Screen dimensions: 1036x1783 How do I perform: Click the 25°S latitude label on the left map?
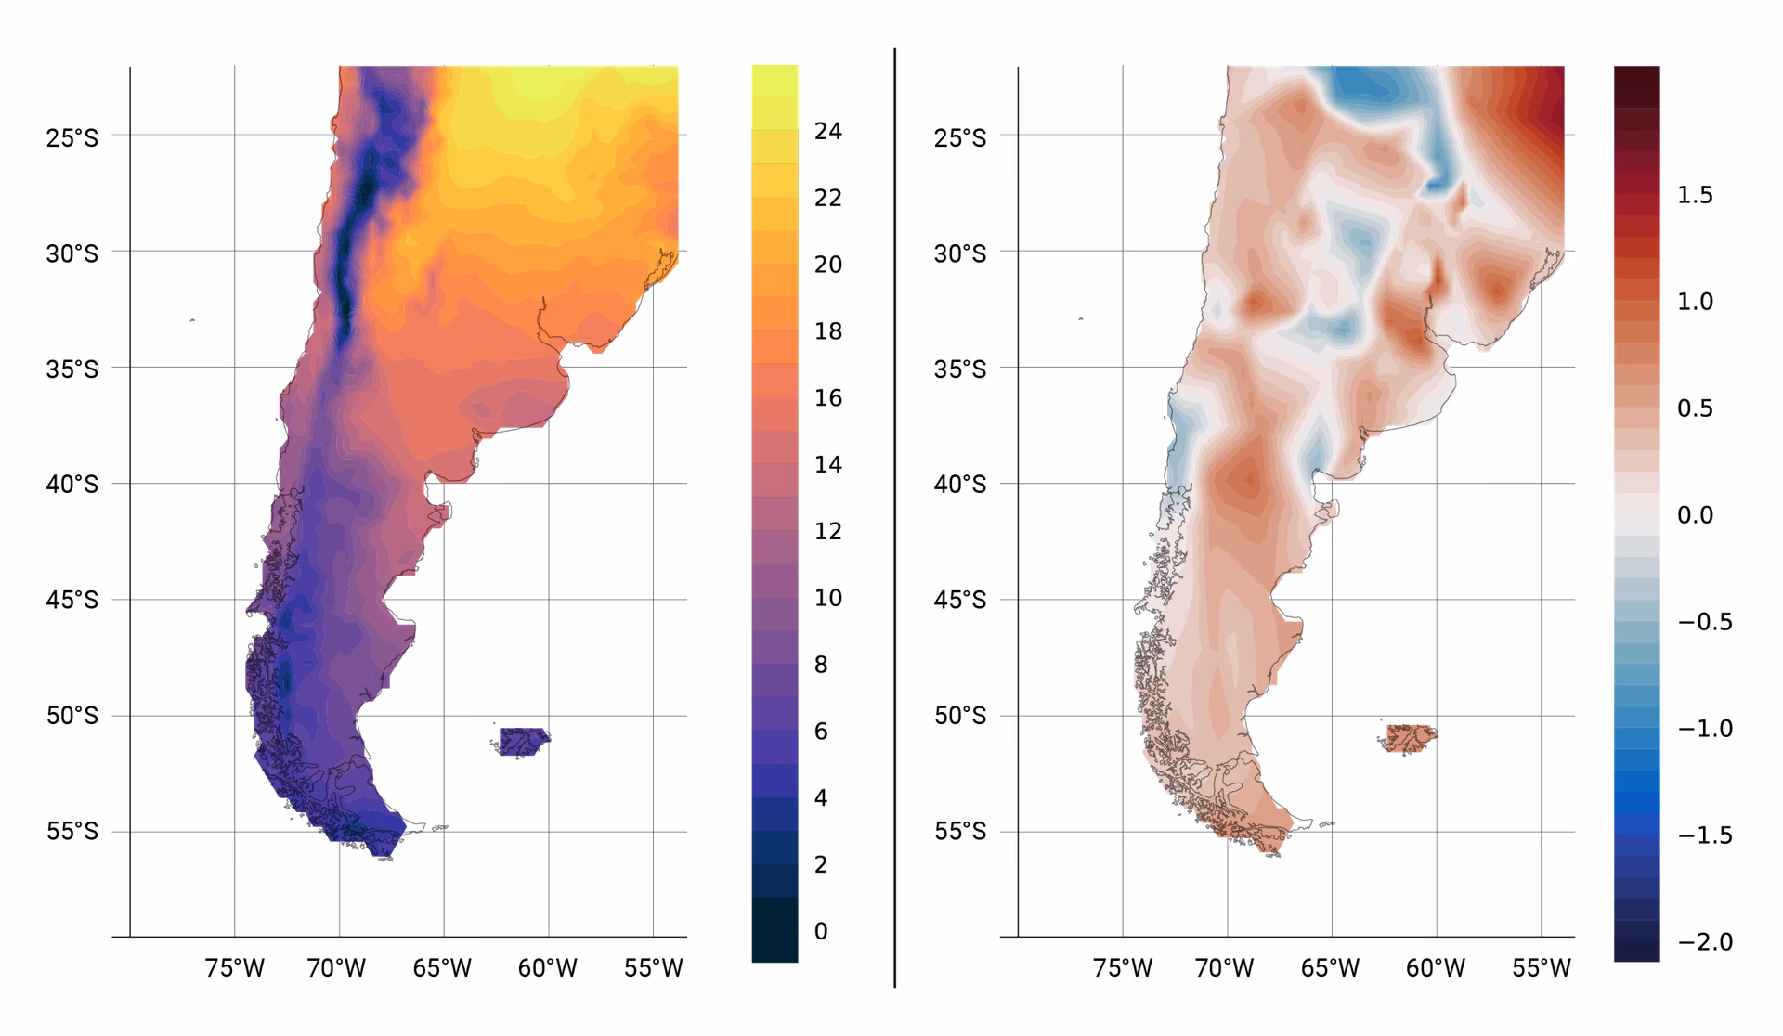click(72, 137)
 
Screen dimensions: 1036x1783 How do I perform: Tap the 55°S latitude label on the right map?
click(960, 832)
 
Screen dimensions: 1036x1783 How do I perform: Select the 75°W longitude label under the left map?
click(234, 968)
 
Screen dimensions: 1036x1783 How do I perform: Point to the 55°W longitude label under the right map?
click(1542, 968)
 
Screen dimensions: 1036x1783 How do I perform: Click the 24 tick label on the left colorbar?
click(827, 131)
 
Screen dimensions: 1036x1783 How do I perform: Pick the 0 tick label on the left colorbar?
click(820, 931)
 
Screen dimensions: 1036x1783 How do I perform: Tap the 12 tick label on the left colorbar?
click(827, 531)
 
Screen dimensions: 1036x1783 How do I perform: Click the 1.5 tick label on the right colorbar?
click(1695, 195)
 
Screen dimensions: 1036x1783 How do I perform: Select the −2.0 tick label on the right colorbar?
click(1705, 942)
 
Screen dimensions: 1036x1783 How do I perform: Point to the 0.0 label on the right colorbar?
click(1695, 515)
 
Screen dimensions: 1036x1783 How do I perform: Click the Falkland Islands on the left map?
click(523, 741)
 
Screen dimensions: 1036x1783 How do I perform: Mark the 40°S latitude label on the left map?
click(72, 485)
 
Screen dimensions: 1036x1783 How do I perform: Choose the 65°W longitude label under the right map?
click(1331, 968)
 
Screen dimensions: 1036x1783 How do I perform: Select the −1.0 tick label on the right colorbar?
click(1705, 729)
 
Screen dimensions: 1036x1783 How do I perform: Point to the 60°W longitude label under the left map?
click(547, 968)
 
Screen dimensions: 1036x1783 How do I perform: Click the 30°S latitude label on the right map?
click(960, 253)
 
